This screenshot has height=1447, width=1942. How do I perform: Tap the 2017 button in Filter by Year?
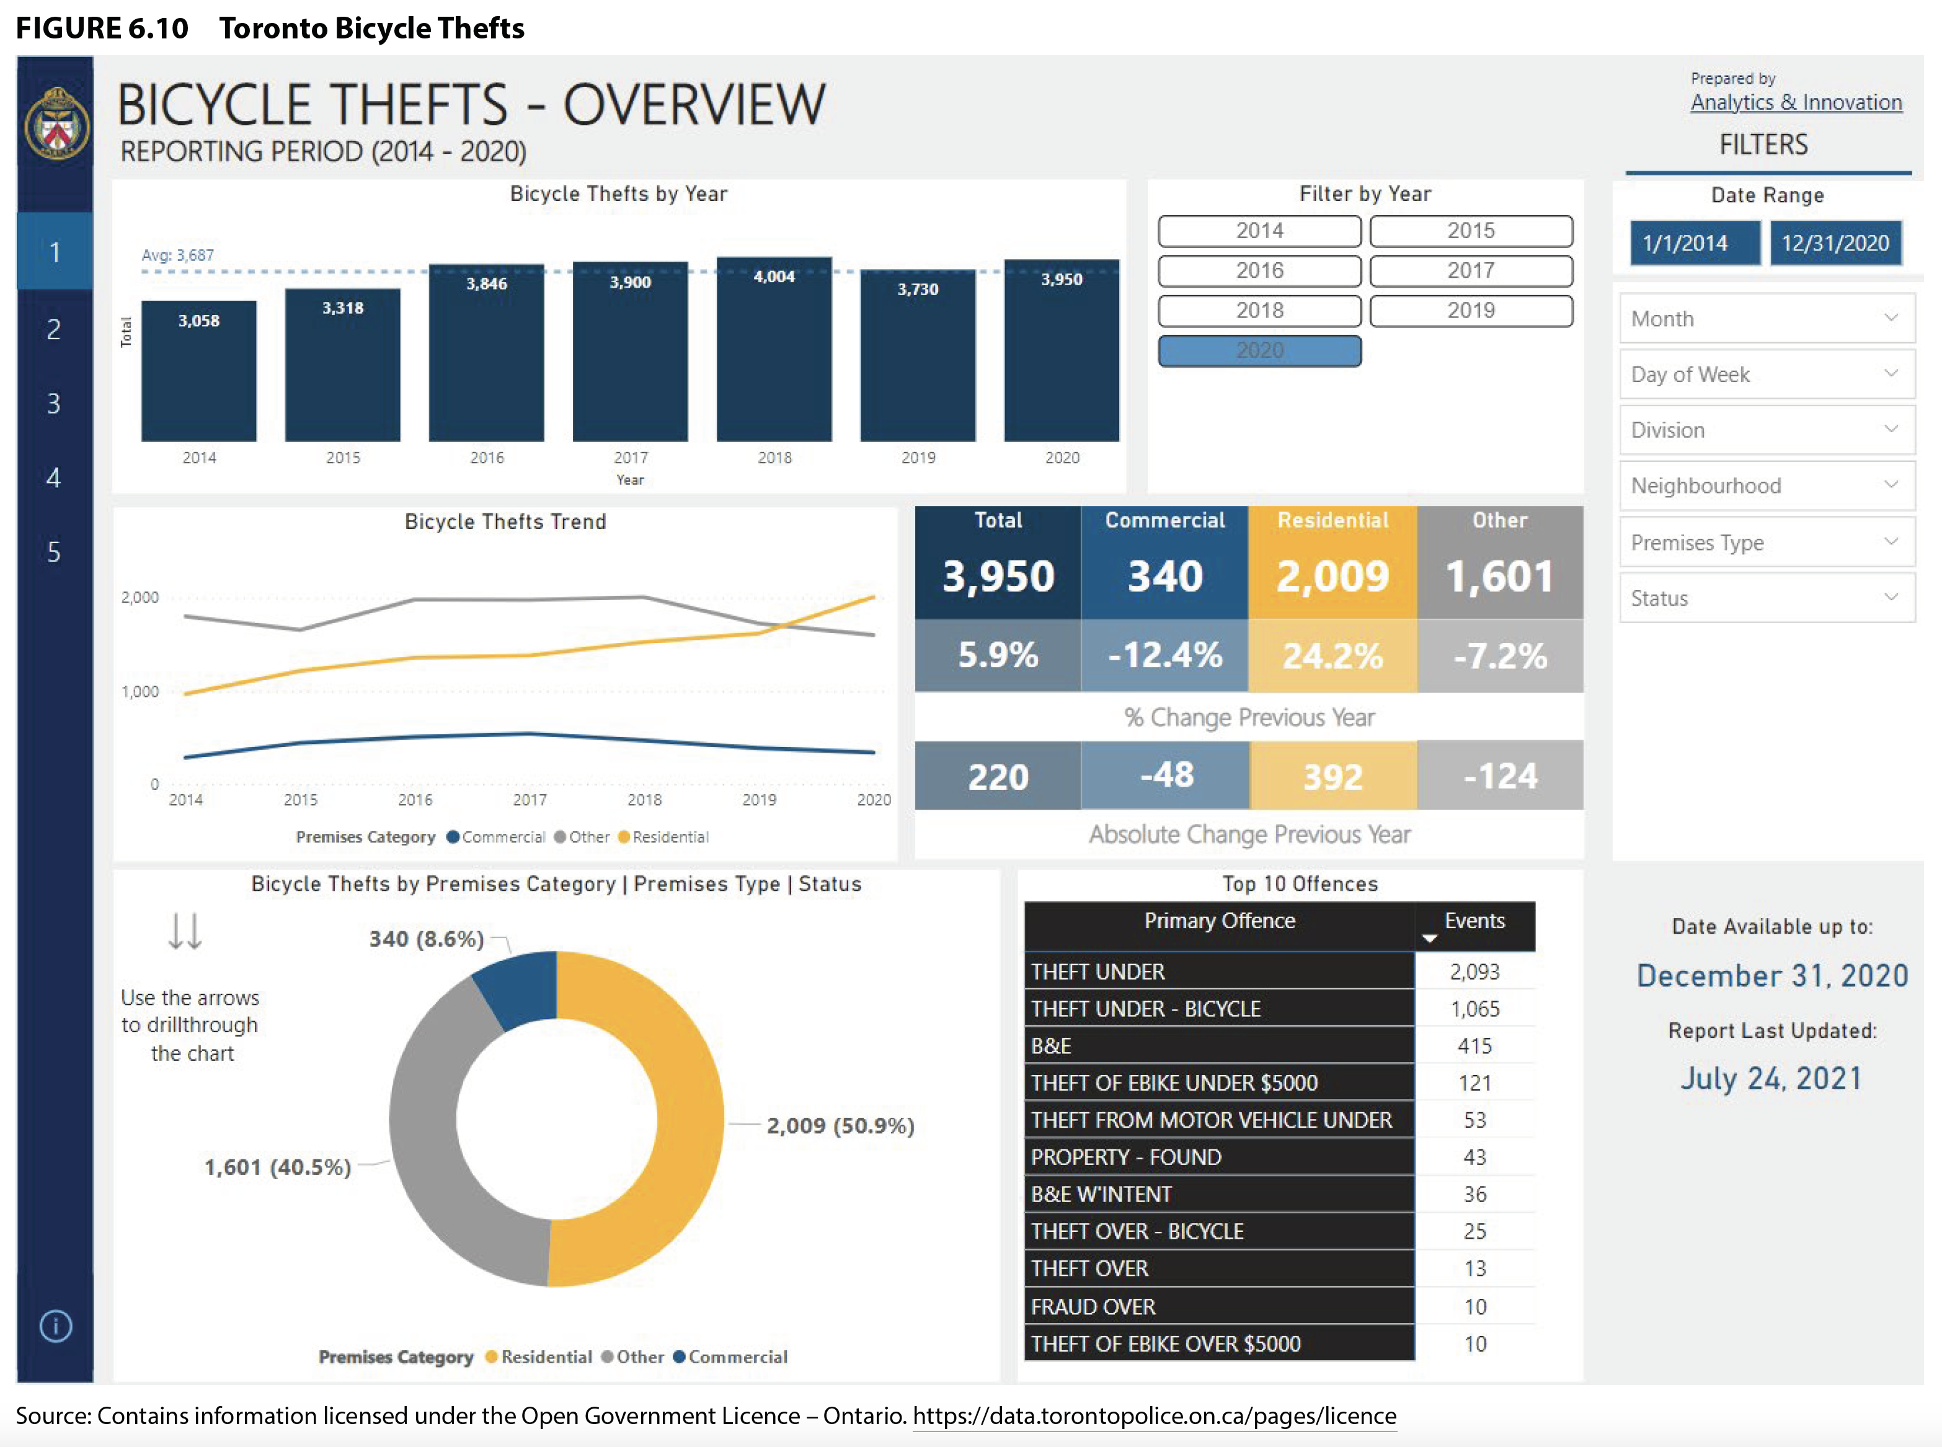click(x=1471, y=271)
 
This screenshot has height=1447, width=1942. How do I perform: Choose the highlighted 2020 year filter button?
click(x=1259, y=350)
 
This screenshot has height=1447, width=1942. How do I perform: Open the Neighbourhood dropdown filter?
click(x=1766, y=486)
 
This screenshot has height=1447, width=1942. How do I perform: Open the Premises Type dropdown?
click(x=1766, y=543)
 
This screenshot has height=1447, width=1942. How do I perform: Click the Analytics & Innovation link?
click(x=1796, y=102)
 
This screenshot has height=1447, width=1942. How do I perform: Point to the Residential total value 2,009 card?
click(x=1332, y=575)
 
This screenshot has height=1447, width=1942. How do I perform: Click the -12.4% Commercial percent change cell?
click(x=1164, y=655)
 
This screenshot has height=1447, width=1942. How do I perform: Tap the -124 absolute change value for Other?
click(x=1500, y=776)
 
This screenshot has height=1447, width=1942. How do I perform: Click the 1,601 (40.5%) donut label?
click(x=278, y=1167)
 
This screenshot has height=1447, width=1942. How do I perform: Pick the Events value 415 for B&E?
click(x=1474, y=1046)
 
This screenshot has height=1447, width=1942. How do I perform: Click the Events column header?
click(x=1474, y=921)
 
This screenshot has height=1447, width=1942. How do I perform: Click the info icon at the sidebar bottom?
click(x=55, y=1326)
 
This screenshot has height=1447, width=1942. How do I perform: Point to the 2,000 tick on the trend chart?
click(x=140, y=598)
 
